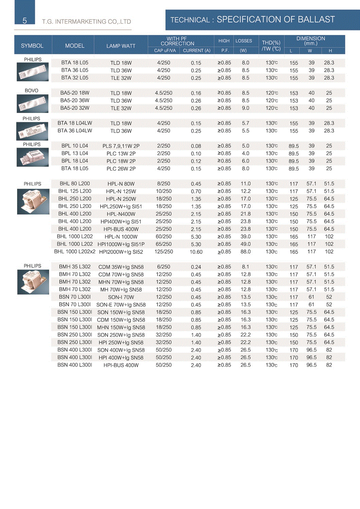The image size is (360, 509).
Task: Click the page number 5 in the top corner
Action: [24, 21]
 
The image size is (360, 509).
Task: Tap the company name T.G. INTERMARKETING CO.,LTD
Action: [86, 22]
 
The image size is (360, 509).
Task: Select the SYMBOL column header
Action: [32, 46]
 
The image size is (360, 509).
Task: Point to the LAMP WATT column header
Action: [121, 46]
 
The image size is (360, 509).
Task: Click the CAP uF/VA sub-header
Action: [165, 51]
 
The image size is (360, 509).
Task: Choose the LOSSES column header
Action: [244, 41]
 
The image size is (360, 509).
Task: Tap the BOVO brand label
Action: [31, 91]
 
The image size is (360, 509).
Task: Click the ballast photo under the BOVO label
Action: [33, 103]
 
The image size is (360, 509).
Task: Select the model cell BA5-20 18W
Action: [75, 93]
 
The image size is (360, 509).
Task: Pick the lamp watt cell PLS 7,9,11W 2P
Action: [121, 146]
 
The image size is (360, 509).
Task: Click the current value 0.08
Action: [196, 146]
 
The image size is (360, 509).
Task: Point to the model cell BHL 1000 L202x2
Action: [75, 252]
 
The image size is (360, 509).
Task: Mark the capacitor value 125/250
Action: [164, 252]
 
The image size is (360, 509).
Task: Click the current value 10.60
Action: [196, 252]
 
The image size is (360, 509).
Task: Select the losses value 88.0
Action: [246, 252]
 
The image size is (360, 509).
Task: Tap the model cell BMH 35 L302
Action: [75, 267]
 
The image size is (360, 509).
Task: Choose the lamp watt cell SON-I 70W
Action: [121, 297]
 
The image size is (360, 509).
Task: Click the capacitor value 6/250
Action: [164, 267]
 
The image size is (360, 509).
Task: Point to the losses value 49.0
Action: [246, 244]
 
